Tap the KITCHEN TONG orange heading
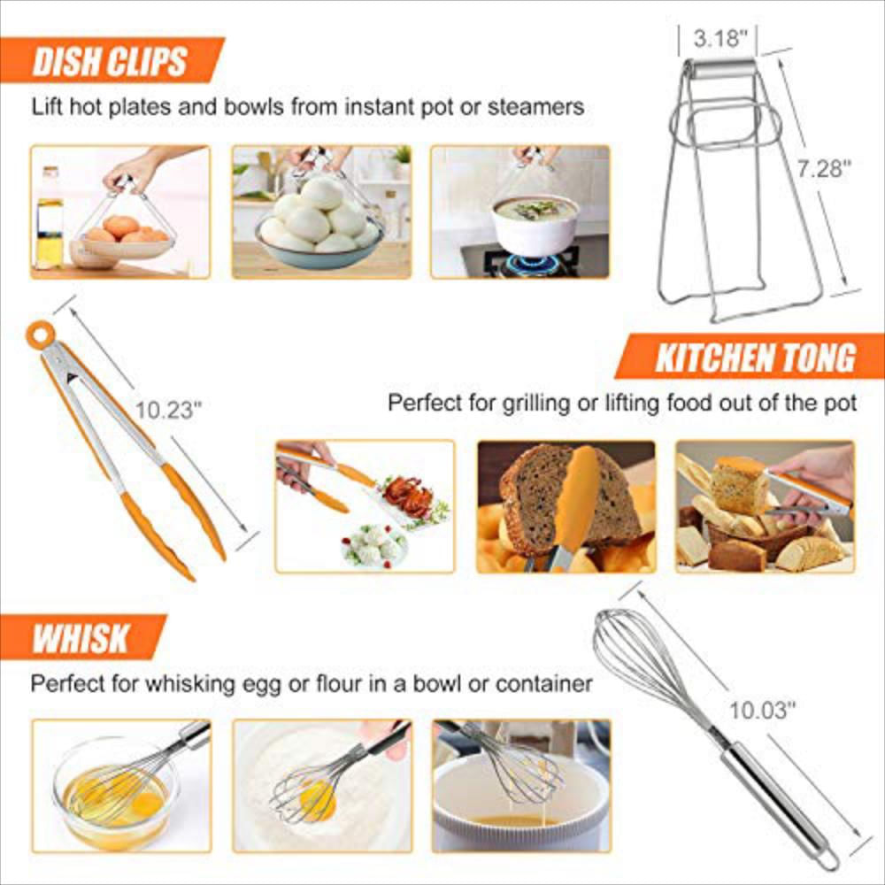(754, 358)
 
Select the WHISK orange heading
(81, 637)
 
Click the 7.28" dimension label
(822, 168)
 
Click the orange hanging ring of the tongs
(39, 335)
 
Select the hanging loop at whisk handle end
(828, 859)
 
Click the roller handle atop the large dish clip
(721, 69)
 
